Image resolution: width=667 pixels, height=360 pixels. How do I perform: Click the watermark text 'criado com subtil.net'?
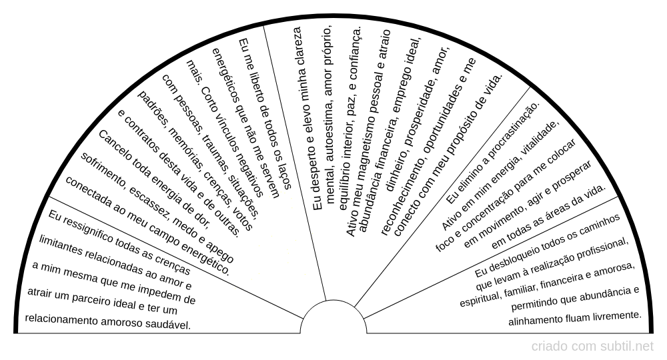[x=592, y=347]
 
